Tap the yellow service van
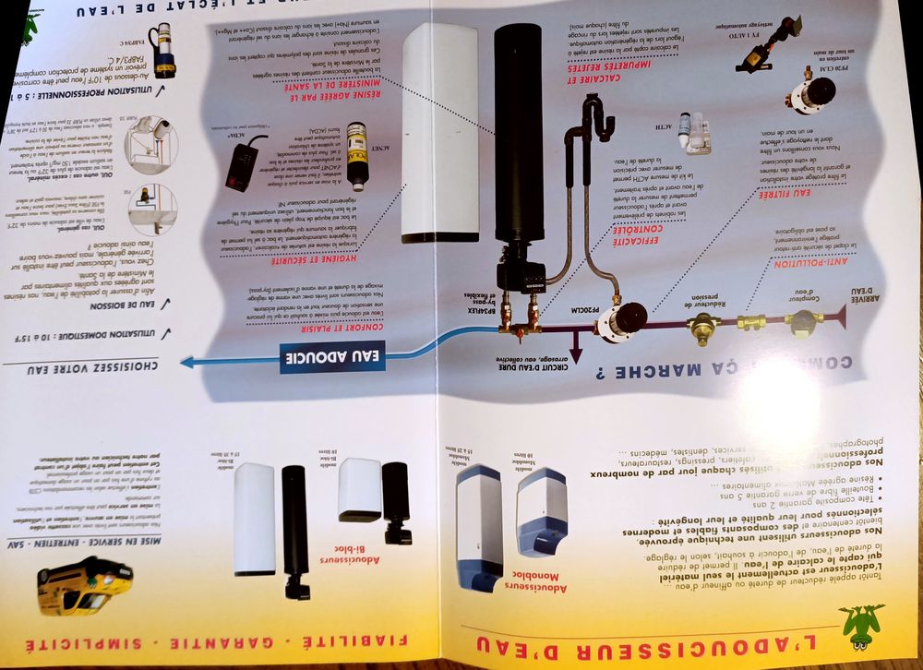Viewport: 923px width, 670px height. pyautogui.click(x=85, y=585)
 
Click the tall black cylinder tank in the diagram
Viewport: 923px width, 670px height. pyautogui.click(x=517, y=138)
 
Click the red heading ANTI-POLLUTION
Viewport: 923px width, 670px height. pyautogui.click(x=798, y=263)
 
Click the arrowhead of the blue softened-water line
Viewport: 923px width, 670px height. pyautogui.click(x=188, y=362)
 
